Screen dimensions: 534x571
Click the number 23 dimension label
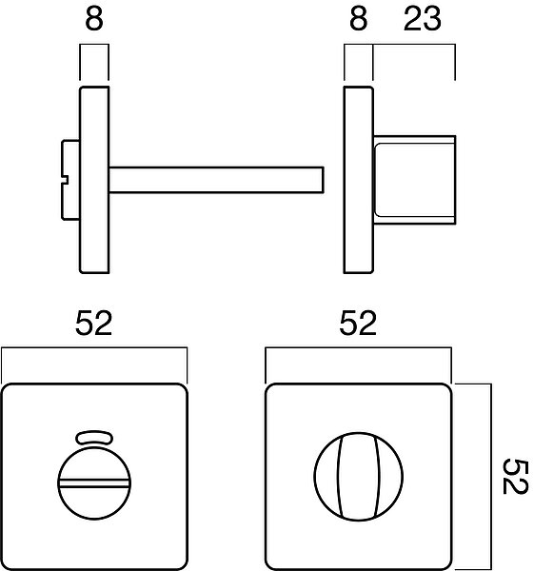423,19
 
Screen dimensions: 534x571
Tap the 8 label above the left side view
94,19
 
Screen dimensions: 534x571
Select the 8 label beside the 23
359,19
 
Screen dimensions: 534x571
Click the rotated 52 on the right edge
515,477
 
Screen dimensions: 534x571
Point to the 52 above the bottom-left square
93,323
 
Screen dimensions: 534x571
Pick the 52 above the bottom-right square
358,323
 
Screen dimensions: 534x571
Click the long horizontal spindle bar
216,180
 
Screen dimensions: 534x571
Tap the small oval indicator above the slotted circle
94,438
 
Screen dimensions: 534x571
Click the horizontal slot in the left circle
94,483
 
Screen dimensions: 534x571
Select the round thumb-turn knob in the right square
359,477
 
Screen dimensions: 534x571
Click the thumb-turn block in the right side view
414,180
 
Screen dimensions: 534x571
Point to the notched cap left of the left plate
70,180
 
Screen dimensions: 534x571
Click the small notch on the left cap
65,180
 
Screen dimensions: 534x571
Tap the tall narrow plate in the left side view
94,180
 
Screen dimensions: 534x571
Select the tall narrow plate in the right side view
359,180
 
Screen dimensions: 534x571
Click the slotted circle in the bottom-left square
94,482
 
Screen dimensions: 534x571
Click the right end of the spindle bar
324,180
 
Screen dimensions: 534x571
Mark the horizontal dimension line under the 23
414,45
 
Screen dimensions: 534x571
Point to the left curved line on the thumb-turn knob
339,477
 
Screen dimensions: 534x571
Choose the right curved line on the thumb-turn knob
379,477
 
